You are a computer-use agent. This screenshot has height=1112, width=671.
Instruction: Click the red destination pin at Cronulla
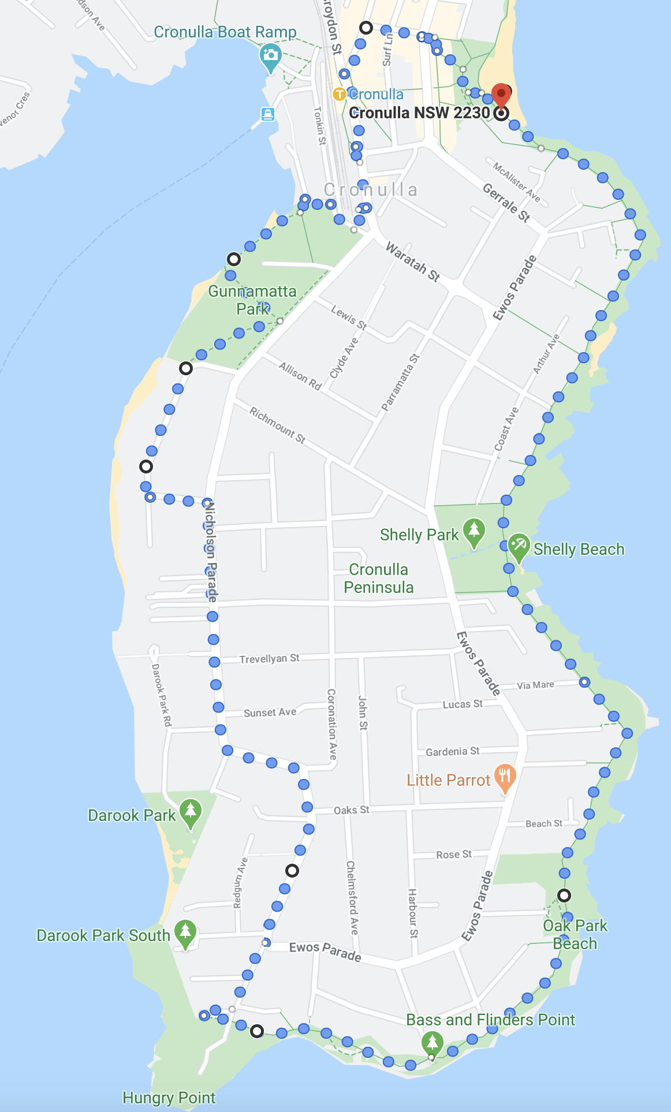point(501,95)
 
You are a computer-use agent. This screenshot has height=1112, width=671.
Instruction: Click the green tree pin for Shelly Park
point(474,532)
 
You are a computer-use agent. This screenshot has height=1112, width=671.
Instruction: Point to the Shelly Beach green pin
point(519,546)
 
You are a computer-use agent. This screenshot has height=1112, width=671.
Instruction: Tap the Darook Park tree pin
point(191,812)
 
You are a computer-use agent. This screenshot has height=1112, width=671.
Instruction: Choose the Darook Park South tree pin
point(185,933)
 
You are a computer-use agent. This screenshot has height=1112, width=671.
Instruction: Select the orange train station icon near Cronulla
point(340,94)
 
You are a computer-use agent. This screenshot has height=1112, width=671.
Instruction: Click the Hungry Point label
point(169,1098)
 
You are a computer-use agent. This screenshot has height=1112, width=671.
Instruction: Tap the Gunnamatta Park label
point(252,300)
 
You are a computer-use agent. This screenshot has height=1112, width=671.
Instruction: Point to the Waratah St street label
point(413,262)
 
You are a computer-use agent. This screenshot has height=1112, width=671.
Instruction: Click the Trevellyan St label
point(269,658)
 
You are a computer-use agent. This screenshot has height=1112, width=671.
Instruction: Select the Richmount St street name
point(277,424)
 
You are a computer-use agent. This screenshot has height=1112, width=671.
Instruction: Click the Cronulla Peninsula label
point(379,579)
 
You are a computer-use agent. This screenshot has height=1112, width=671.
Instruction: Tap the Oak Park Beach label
point(575,934)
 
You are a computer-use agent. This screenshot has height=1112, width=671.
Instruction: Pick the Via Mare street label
point(535,685)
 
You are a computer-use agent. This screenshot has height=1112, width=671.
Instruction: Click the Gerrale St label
point(506,203)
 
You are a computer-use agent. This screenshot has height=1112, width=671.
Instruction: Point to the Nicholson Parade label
point(211,551)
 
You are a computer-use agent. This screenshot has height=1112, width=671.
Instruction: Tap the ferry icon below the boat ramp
point(267,113)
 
